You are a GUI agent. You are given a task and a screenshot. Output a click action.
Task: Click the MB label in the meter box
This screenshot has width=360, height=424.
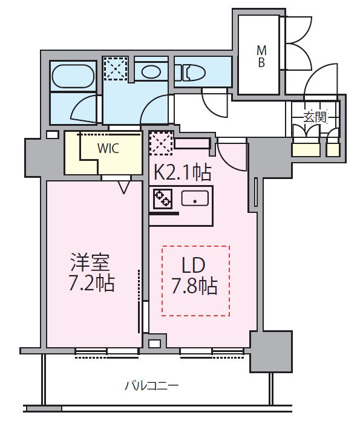click(x=261, y=55)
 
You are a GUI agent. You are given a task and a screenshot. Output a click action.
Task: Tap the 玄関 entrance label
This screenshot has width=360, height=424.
click(x=315, y=117)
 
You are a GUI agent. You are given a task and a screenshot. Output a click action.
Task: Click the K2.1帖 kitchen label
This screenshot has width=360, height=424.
click(x=182, y=174)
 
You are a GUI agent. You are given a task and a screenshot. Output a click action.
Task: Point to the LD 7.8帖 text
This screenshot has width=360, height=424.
click(x=195, y=276)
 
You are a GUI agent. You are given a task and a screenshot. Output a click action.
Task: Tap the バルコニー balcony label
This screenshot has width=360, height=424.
click(x=151, y=385)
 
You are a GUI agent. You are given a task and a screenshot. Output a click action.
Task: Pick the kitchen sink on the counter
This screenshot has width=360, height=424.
click(x=195, y=198)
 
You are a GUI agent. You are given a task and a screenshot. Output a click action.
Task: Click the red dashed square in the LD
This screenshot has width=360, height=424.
click(x=195, y=281)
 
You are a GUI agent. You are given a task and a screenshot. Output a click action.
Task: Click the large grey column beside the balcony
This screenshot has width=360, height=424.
click(x=271, y=351)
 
